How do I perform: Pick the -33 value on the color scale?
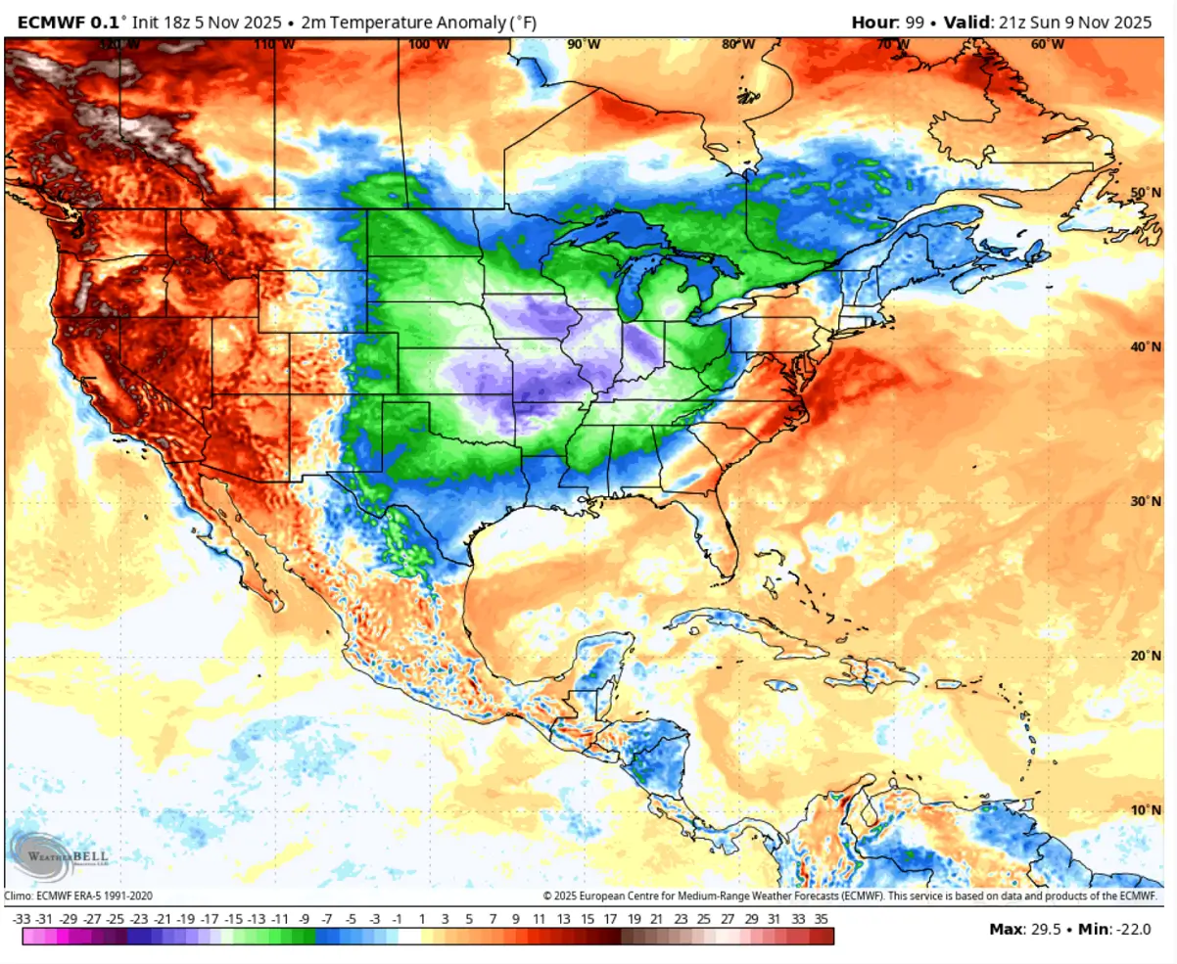pyautogui.click(x=22, y=919)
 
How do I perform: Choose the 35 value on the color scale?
pyautogui.click(x=822, y=919)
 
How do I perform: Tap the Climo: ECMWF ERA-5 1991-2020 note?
pyautogui.click(x=78, y=895)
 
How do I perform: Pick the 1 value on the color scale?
pyautogui.click(x=422, y=919)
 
